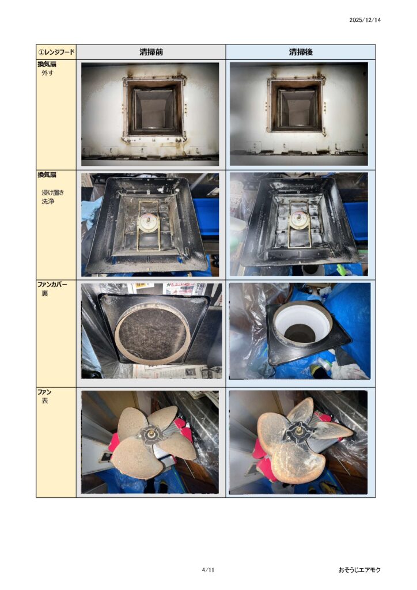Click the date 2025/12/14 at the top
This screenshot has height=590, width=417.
pos(365,20)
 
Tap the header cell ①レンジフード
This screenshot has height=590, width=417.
pos(56,52)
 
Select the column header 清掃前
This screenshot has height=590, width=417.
pos(151,52)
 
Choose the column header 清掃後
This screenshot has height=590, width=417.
pos(301,52)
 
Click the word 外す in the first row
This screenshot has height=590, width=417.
pos(47,73)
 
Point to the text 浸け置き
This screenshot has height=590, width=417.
pos(52,192)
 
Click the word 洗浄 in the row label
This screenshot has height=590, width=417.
pos(48,201)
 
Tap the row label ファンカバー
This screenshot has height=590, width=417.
pos(52,284)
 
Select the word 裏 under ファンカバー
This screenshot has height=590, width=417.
pos(45,293)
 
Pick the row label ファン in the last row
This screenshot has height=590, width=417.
pos(44,392)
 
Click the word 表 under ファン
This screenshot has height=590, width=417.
pos(45,401)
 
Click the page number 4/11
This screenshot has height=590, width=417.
pos(208,570)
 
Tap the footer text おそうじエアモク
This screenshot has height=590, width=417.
pos(359,570)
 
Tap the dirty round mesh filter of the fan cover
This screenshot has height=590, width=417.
pos(152,332)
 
